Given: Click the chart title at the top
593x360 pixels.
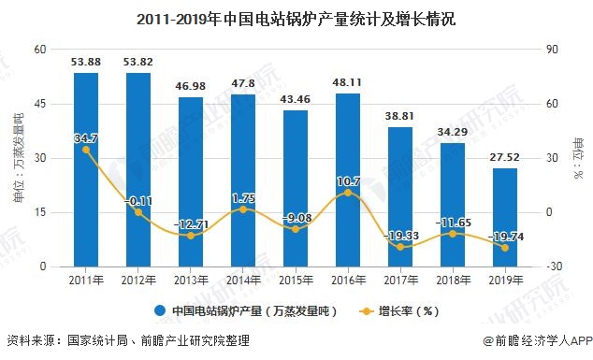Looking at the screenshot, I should coord(296,17).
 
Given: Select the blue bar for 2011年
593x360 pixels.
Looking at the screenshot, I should coord(86,169).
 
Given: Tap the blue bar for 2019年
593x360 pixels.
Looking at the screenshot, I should coord(505,217).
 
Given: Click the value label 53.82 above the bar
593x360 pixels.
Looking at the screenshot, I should coord(138,63).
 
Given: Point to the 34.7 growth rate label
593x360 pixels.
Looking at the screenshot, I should coord(86,137).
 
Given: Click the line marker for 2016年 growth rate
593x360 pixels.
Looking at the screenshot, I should coord(348,193).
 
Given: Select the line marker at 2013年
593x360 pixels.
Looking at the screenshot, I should coord(191,235).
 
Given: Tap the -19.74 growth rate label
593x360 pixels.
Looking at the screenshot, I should coord(505,237).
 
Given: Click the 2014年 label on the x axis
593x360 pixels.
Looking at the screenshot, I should coord(243,279).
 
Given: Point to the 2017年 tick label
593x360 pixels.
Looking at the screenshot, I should coord(400,279).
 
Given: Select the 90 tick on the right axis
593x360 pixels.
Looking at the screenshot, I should coord(553,50).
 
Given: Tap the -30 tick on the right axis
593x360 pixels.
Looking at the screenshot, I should coord(554,266).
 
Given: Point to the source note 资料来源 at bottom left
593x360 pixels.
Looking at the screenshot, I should coord(127,342).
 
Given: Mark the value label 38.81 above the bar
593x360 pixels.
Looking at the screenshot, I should coord(400,116).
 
